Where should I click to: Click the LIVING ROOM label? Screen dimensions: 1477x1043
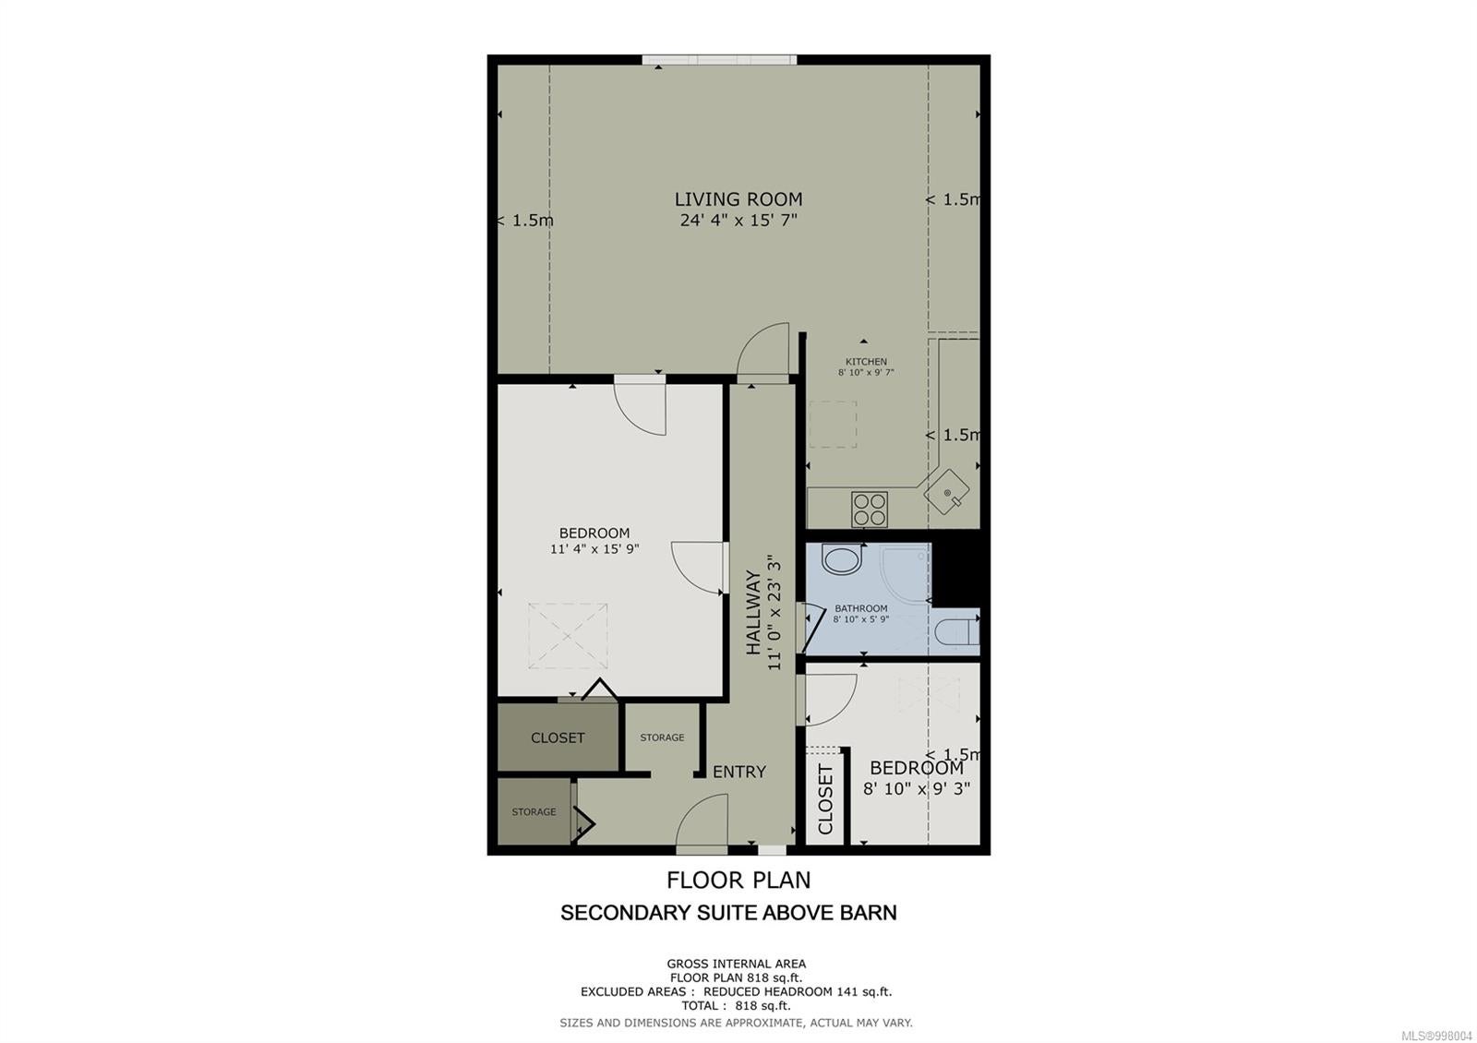pyautogui.click(x=738, y=199)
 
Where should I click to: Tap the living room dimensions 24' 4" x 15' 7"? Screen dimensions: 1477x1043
pyautogui.click(x=738, y=221)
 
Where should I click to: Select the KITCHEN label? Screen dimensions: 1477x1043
pyautogui.click(x=866, y=361)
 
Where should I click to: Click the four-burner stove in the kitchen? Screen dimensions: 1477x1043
pyautogui.click(x=869, y=509)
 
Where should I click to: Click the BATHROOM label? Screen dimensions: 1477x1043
pyautogui.click(x=861, y=608)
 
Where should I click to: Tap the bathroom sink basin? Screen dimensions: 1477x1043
pyautogui.click(x=842, y=559)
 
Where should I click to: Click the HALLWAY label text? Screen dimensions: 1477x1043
pyautogui.click(x=753, y=613)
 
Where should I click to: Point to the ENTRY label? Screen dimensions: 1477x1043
pyautogui.click(x=739, y=772)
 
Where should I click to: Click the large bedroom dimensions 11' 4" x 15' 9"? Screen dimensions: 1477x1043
pyautogui.click(x=594, y=548)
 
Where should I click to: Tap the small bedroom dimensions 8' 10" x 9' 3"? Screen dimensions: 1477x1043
pyautogui.click(x=917, y=788)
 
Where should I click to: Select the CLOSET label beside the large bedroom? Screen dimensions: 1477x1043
pyautogui.click(x=558, y=737)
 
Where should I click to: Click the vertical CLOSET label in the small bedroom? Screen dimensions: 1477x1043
pyautogui.click(x=825, y=799)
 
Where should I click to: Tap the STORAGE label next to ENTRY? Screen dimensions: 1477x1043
pyautogui.click(x=662, y=737)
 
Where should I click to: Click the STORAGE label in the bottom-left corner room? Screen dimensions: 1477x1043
pyautogui.click(x=534, y=811)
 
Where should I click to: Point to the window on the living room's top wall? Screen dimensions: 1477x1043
pyautogui.click(x=719, y=60)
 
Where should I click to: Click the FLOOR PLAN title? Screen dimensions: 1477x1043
pyautogui.click(x=738, y=881)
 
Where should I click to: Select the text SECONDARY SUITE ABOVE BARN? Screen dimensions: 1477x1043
pyautogui.click(x=728, y=913)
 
